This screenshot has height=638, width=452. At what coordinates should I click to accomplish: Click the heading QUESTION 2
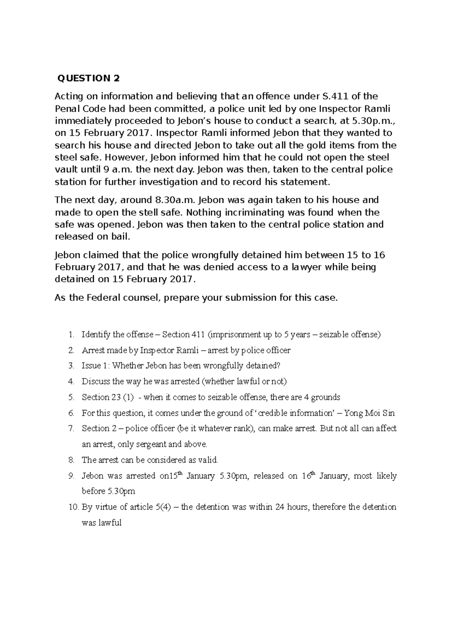coord(88,79)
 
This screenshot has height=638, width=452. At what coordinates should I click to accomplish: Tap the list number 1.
coord(71,335)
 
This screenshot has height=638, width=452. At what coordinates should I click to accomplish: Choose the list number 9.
coord(71,476)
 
